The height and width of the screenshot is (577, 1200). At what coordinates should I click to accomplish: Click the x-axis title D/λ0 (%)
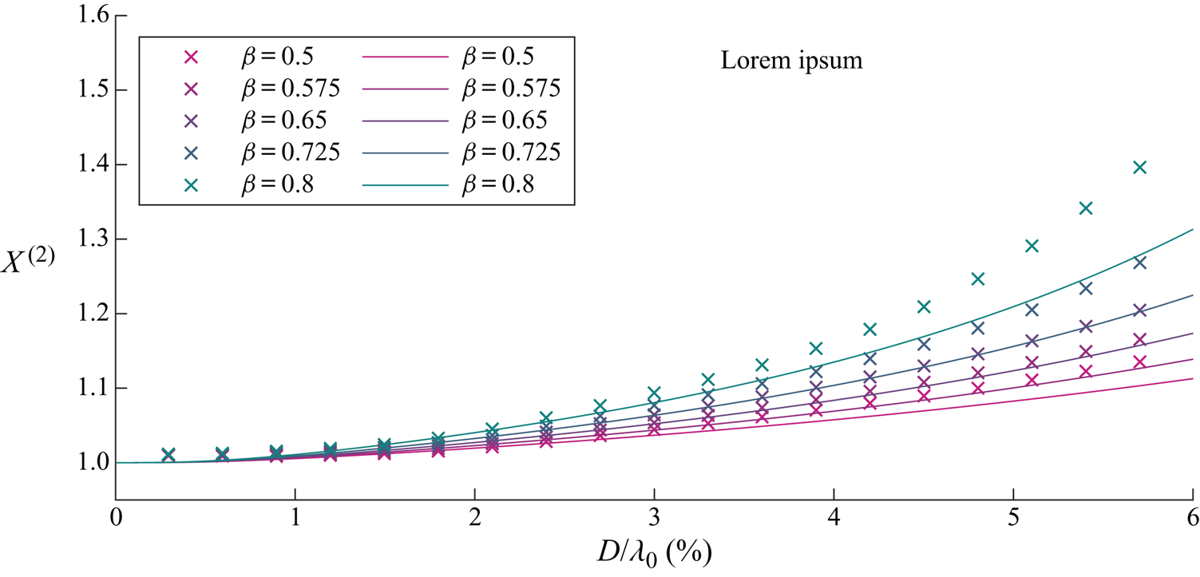(653, 551)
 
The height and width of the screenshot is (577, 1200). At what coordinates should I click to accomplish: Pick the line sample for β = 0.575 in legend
(403, 89)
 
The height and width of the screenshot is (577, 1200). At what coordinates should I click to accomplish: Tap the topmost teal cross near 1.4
(1140, 167)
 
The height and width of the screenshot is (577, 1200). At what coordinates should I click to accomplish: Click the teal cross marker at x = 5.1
(1032, 246)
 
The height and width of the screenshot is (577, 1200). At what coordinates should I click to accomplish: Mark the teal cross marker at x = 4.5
(924, 306)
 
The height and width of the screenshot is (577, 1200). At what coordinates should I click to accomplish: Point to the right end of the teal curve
(1192, 229)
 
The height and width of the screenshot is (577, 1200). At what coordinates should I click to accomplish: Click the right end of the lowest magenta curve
(1192, 378)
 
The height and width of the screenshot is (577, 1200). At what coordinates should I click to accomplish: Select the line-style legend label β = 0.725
(509, 152)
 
